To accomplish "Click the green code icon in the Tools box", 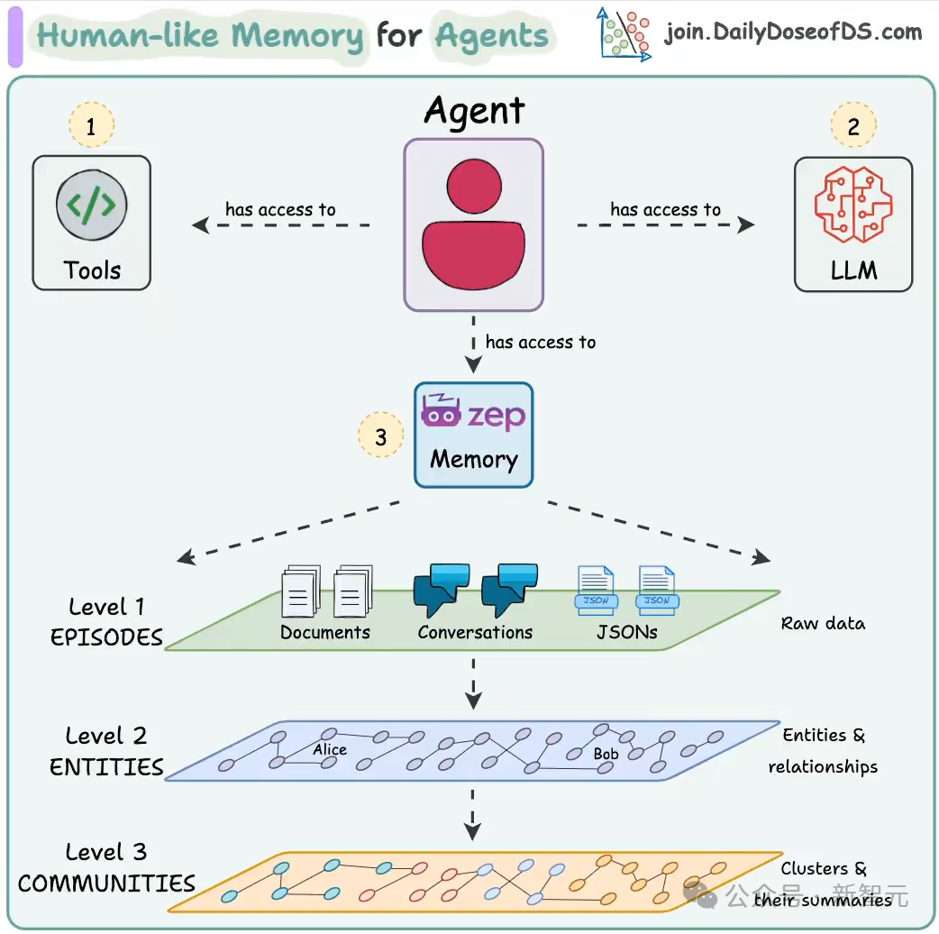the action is [x=91, y=205].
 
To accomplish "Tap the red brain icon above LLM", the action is [x=853, y=205].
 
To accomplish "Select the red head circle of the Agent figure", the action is [x=474, y=187].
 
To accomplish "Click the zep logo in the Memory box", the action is [x=473, y=412].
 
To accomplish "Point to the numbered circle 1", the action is [x=91, y=125].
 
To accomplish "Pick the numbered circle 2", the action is [x=853, y=125].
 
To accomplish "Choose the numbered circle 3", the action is [x=381, y=435].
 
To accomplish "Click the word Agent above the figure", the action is [x=474, y=112].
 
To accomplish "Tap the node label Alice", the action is [x=329, y=749].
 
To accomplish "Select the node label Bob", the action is [x=606, y=755].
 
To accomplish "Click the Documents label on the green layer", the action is [x=325, y=633].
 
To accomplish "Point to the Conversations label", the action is [x=475, y=633].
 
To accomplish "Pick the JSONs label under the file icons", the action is [x=627, y=633].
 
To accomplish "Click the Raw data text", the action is [x=823, y=624].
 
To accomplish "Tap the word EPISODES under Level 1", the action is [x=106, y=637].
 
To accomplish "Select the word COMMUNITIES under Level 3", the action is [x=106, y=884].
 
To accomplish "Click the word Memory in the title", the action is [x=297, y=36].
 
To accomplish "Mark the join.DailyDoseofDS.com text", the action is [x=794, y=32].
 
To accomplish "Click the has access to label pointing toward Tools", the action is [x=280, y=209].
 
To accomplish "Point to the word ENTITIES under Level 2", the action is [x=106, y=767].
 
